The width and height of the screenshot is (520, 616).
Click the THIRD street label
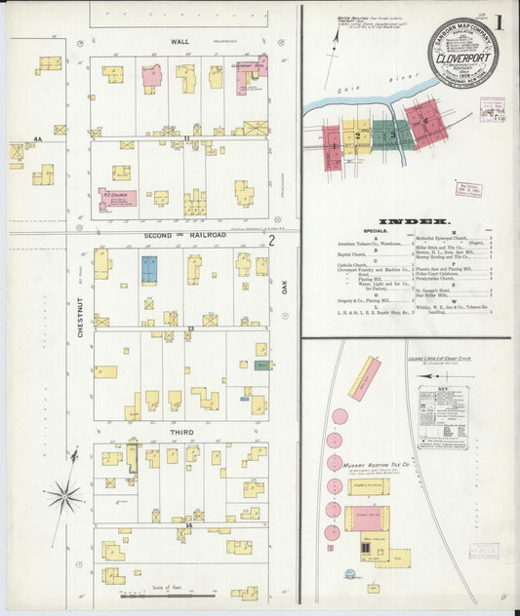coord(181,432)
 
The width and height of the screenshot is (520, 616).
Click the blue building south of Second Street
coord(149,270)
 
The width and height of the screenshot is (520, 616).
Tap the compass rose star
coord(64,496)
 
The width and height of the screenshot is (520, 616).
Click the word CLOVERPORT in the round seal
coord(462,57)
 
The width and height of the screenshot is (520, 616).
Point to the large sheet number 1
coord(498,21)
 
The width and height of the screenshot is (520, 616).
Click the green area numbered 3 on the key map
coord(392,134)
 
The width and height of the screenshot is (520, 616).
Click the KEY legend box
coord(441,417)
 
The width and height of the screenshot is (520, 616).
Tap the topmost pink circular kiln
coord(340,416)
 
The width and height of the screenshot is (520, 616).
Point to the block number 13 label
coord(190,329)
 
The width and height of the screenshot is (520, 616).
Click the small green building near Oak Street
coord(261,366)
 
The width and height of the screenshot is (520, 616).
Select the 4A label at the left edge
coord(38,140)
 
